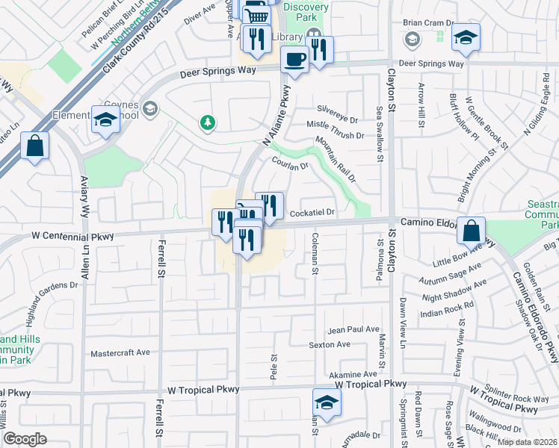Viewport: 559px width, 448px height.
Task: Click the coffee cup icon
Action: point(294,60)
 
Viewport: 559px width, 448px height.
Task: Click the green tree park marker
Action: point(207,122)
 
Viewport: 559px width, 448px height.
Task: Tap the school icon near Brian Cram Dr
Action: point(466,37)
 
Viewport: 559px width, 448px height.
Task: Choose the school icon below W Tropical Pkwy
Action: point(327,402)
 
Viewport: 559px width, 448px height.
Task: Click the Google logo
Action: point(24,439)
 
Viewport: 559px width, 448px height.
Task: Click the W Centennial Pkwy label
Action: point(72,237)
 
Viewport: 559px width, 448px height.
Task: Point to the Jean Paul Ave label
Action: point(353,329)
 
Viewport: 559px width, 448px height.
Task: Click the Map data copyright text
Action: point(527,441)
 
